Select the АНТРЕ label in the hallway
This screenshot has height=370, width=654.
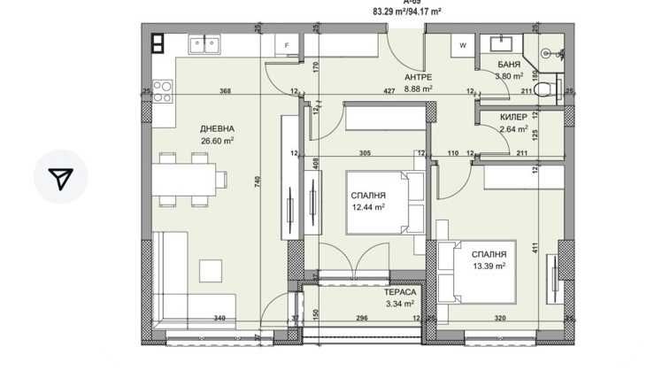click(418, 77)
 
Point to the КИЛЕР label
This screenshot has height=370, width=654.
click(513, 116)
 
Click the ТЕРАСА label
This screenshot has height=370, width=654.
click(400, 291)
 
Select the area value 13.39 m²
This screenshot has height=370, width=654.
click(489, 265)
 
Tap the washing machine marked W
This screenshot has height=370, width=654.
click(462, 44)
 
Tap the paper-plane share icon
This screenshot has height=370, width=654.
click(60, 178)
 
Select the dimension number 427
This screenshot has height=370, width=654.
click(388, 91)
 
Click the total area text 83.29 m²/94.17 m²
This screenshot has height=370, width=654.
click(408, 12)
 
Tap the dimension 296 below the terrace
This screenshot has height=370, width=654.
click(360, 319)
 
